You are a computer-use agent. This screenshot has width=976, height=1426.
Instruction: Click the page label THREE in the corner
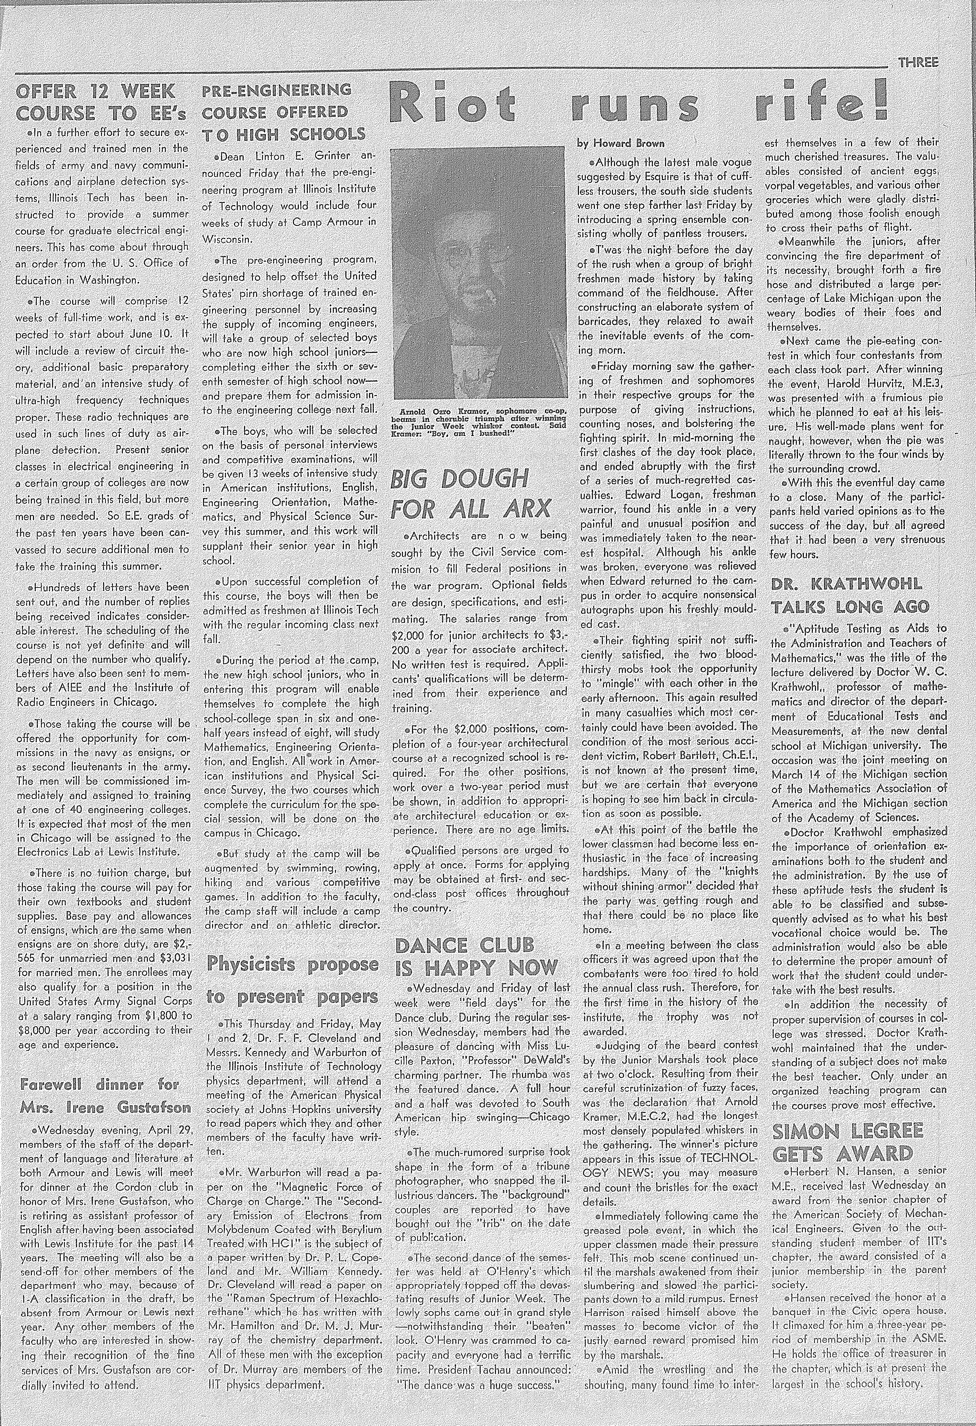pos(918,62)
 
